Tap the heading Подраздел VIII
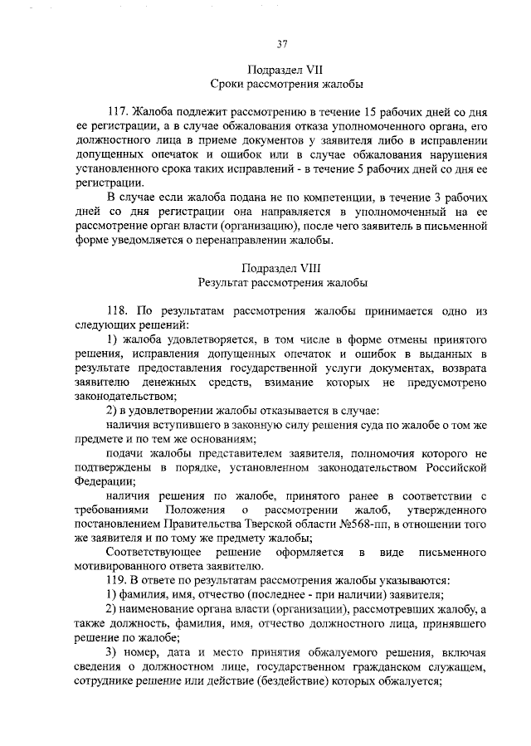[281, 268]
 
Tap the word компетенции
[299, 197]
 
